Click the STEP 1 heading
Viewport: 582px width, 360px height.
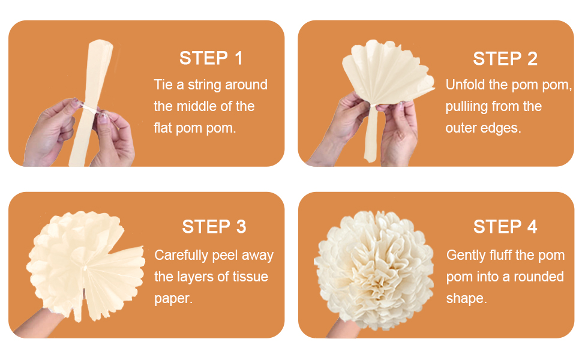[211, 58]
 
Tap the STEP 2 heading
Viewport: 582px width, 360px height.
[505, 58]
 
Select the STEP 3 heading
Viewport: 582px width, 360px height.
[214, 226]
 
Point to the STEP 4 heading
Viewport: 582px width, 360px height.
[505, 226]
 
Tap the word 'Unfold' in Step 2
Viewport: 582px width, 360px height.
[466, 85]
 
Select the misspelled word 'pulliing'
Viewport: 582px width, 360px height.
[466, 107]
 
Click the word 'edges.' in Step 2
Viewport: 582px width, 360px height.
[501, 128]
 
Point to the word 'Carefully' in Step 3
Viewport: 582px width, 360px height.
[181, 255]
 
